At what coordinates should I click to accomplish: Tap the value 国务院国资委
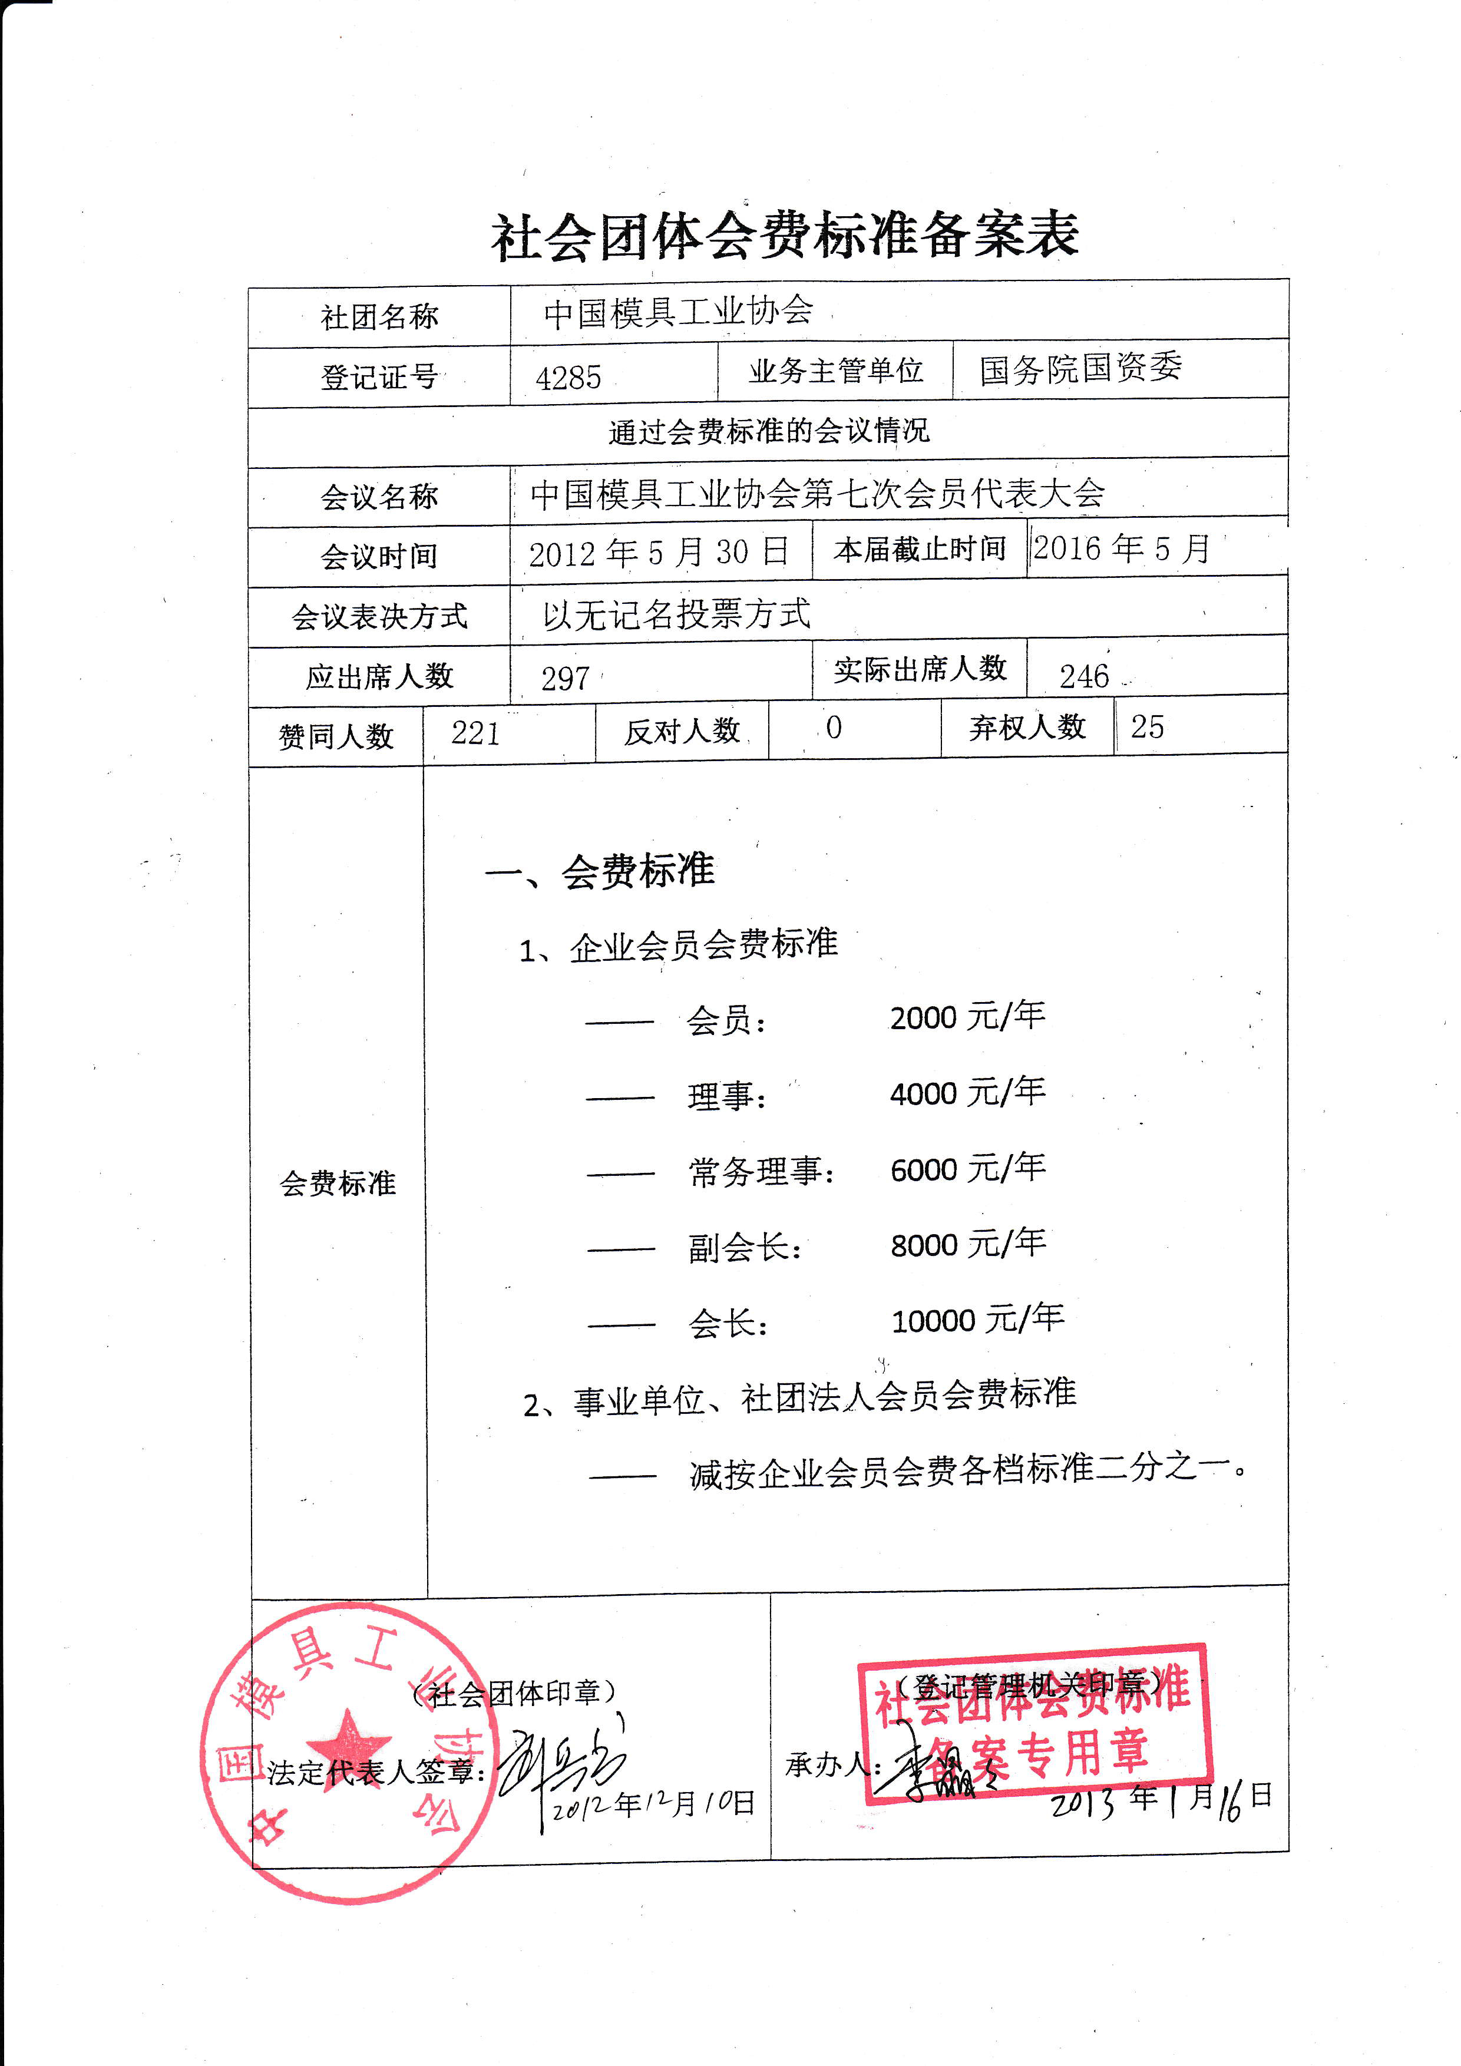(x=1080, y=368)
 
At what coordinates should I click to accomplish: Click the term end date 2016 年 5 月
(x=1121, y=548)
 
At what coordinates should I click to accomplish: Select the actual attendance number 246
(x=1083, y=676)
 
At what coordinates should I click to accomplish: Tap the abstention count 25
(x=1147, y=727)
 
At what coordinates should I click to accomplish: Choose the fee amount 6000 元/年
(x=967, y=1169)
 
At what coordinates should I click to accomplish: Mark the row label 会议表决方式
(x=379, y=616)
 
